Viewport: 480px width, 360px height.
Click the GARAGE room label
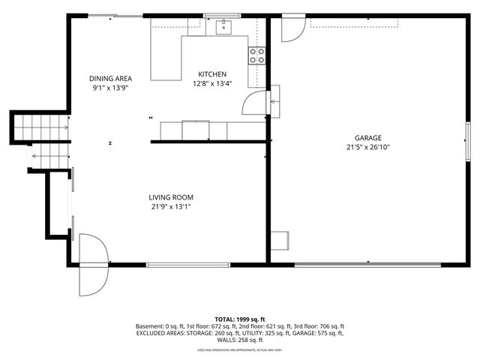pyautogui.click(x=368, y=138)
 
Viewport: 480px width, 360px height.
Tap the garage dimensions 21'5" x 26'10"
pyautogui.click(x=368, y=148)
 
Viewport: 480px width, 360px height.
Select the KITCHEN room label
pyautogui.click(x=212, y=73)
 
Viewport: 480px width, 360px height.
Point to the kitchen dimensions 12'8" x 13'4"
pyautogui.click(x=212, y=83)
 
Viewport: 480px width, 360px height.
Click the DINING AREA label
pyautogui.click(x=110, y=78)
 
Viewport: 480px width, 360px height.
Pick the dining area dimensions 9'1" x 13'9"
pyautogui.click(x=110, y=88)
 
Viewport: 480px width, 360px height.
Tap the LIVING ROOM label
pyautogui.click(x=175, y=197)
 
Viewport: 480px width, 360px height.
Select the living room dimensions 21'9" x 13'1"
pyautogui.click(x=175, y=207)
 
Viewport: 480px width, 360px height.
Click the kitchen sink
pyautogui.click(x=223, y=28)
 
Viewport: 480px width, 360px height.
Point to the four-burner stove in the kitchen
pyautogui.click(x=257, y=54)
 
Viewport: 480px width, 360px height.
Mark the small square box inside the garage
pyautogui.click(x=280, y=240)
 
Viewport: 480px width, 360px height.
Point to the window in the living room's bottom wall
pyautogui.click(x=177, y=264)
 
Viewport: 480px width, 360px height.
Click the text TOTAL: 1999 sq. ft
pyautogui.click(x=240, y=319)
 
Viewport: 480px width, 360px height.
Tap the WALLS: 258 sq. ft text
pyautogui.click(x=240, y=340)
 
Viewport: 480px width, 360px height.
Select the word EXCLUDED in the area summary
pyautogui.click(x=153, y=333)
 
